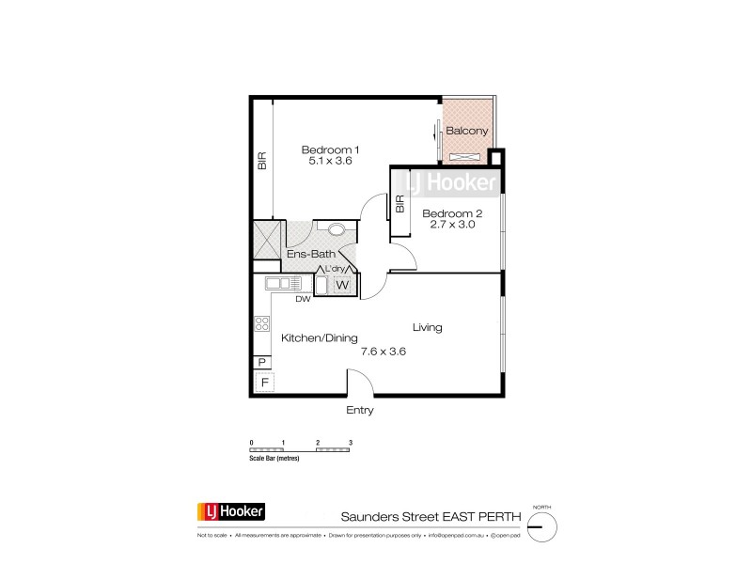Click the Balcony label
pos(466,131)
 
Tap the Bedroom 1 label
pos(330,149)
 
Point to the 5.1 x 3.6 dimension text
pos(330,162)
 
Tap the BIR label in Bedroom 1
pos(262,162)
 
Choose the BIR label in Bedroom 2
pos(399,204)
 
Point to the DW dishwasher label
pos(303,300)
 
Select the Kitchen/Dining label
pos(313,337)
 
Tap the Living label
pos(427,328)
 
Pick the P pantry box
pos(261,363)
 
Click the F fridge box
pos(264,383)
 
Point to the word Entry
pos(360,411)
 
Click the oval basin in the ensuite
pos(336,227)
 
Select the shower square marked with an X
pos(267,241)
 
